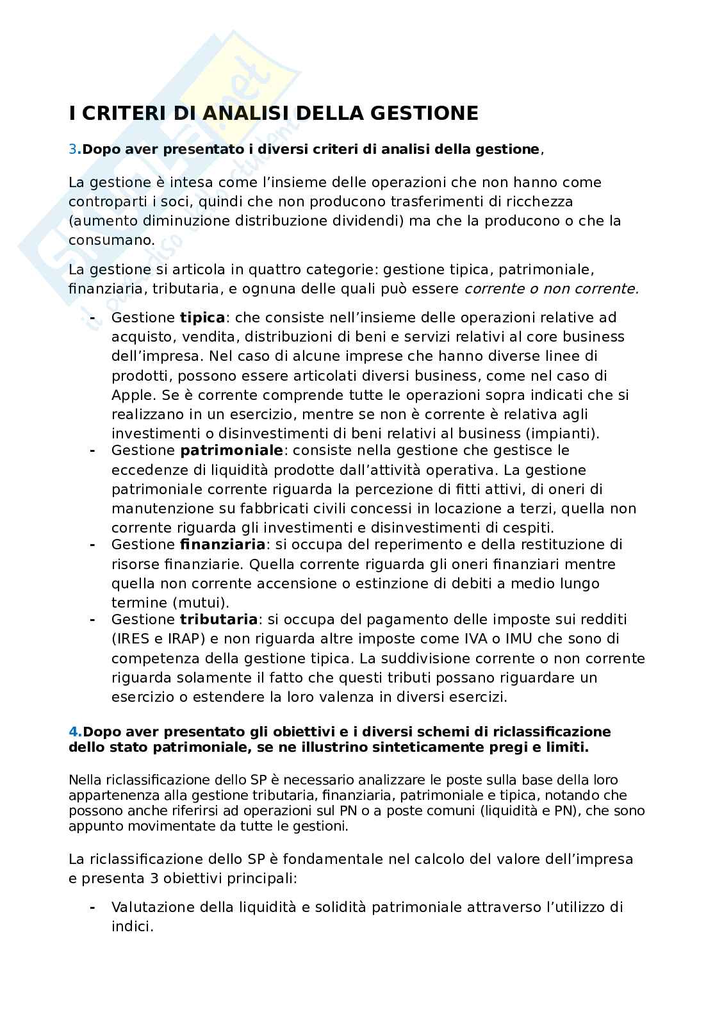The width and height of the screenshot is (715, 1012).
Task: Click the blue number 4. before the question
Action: [x=75, y=732]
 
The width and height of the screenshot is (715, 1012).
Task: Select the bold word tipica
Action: [x=202, y=317]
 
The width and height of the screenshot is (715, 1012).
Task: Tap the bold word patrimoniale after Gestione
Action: [x=231, y=451]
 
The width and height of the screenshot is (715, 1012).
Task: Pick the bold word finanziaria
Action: [x=222, y=545]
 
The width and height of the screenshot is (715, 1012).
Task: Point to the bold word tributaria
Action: [x=218, y=619]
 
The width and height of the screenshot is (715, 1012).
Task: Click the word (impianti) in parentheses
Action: [x=566, y=434]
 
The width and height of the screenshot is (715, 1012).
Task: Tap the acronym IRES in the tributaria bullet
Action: [x=133, y=639]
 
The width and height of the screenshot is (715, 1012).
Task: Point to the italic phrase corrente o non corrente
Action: [x=551, y=288]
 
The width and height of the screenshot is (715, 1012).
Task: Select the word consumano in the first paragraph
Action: [x=111, y=240]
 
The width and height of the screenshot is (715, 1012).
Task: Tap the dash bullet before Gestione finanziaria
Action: [x=93, y=545]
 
